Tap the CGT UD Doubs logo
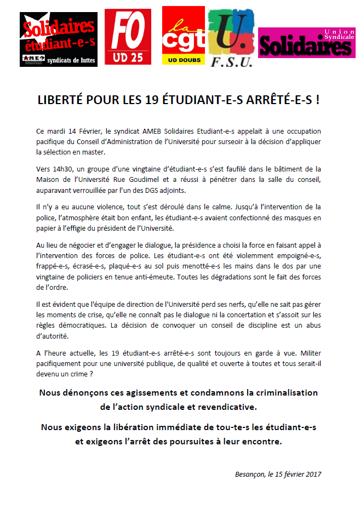click(x=184, y=36)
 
